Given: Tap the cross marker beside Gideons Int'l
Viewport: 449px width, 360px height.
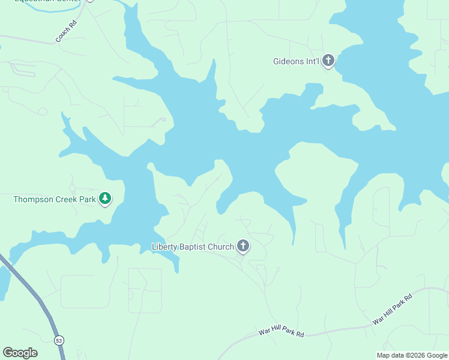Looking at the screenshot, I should point(328,61).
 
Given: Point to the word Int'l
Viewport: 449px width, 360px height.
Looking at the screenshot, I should point(313,61).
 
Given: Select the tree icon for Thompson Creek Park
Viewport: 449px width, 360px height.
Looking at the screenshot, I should point(105,198).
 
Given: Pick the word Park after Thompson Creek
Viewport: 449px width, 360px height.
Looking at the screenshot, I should point(88,199).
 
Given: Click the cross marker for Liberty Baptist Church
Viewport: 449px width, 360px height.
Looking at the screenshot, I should point(243,245).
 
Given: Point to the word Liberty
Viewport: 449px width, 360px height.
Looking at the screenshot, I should point(166,246).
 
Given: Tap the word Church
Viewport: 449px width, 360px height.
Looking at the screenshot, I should point(222,246).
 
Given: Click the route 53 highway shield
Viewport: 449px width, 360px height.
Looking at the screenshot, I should point(58,340).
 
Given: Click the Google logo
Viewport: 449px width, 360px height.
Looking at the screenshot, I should point(20,353).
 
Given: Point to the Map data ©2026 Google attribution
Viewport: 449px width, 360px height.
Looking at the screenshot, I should point(412,355).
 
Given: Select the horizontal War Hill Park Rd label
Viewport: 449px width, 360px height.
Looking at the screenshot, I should point(281,332).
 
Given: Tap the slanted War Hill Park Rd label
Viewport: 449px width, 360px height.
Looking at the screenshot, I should point(392,310).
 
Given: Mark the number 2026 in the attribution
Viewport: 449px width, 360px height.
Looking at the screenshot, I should point(414,355).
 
